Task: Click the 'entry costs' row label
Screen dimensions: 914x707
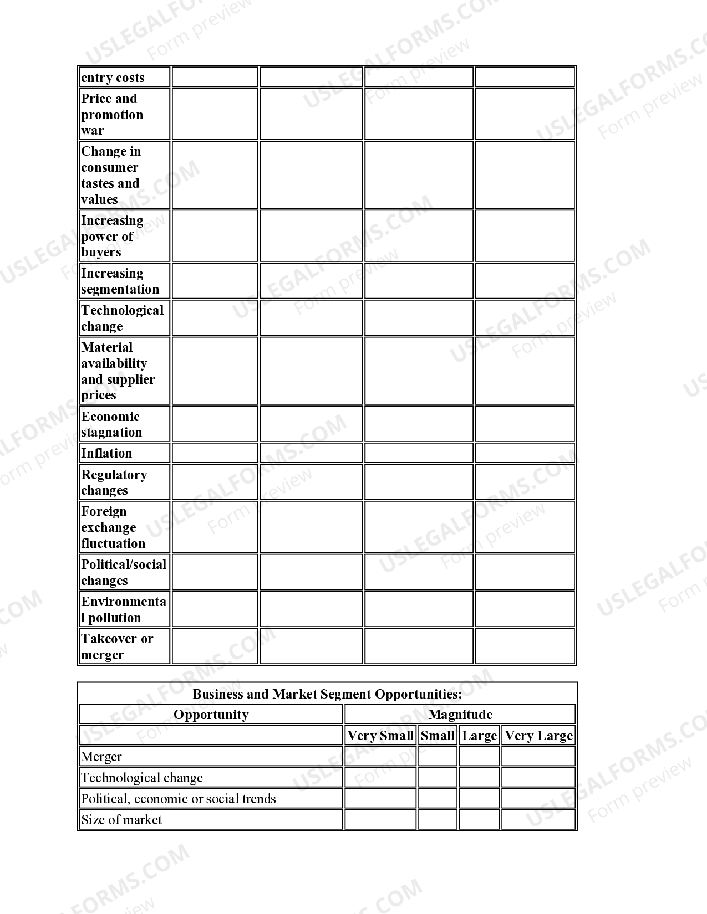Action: [113, 78]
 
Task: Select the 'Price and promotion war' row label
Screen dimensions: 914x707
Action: [112, 114]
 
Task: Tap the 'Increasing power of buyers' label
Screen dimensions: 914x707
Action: [112, 236]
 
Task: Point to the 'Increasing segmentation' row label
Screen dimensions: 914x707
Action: [120, 281]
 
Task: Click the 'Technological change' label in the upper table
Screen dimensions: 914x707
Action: [122, 318]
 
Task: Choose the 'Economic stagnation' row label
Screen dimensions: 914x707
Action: [111, 424]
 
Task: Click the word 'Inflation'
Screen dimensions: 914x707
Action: [106, 453]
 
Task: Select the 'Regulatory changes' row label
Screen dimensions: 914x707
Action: [114, 482]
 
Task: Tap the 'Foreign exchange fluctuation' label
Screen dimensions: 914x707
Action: [113, 527]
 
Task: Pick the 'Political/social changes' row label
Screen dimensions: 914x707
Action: [124, 572]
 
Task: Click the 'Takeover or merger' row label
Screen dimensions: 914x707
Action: [117, 646]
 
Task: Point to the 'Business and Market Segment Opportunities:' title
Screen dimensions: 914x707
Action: [327, 694]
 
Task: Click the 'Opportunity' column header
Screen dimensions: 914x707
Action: [211, 715]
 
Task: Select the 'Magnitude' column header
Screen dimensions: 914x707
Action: [460, 715]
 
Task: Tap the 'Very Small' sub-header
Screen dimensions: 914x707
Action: [380, 736]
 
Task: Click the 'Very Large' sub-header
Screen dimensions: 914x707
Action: [538, 736]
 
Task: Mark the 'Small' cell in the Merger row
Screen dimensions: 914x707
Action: [438, 757]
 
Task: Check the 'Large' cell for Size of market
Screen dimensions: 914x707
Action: [479, 820]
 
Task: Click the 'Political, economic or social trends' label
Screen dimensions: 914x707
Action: [178, 799]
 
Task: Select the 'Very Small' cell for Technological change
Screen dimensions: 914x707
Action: [380, 778]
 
